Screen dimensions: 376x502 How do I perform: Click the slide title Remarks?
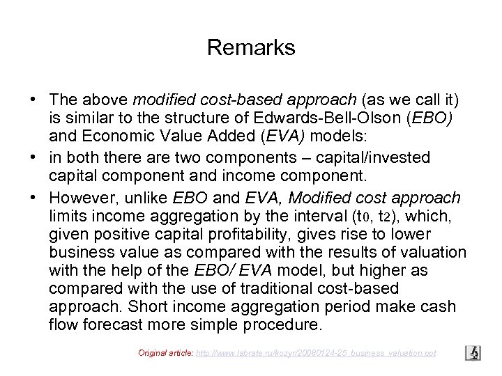coord(251,48)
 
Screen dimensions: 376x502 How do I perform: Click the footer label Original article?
coord(162,354)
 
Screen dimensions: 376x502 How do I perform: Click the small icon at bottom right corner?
coord(473,353)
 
